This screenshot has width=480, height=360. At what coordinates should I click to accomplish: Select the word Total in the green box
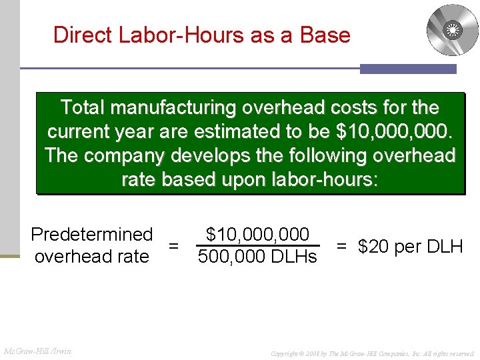click(x=83, y=107)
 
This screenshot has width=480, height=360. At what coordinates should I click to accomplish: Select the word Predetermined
click(x=92, y=235)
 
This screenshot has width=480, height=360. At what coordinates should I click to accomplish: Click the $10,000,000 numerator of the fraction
click(x=257, y=235)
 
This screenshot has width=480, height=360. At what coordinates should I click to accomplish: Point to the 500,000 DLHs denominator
click(x=257, y=257)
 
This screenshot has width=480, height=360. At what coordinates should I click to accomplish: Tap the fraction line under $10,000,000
click(x=257, y=245)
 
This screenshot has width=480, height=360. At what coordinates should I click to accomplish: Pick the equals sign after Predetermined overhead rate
click(x=173, y=246)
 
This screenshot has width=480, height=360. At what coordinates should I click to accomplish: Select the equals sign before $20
click(x=341, y=246)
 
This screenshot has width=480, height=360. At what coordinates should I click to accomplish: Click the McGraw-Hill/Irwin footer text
click(x=37, y=351)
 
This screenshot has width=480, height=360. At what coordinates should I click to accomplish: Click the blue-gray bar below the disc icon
click(x=408, y=69)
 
